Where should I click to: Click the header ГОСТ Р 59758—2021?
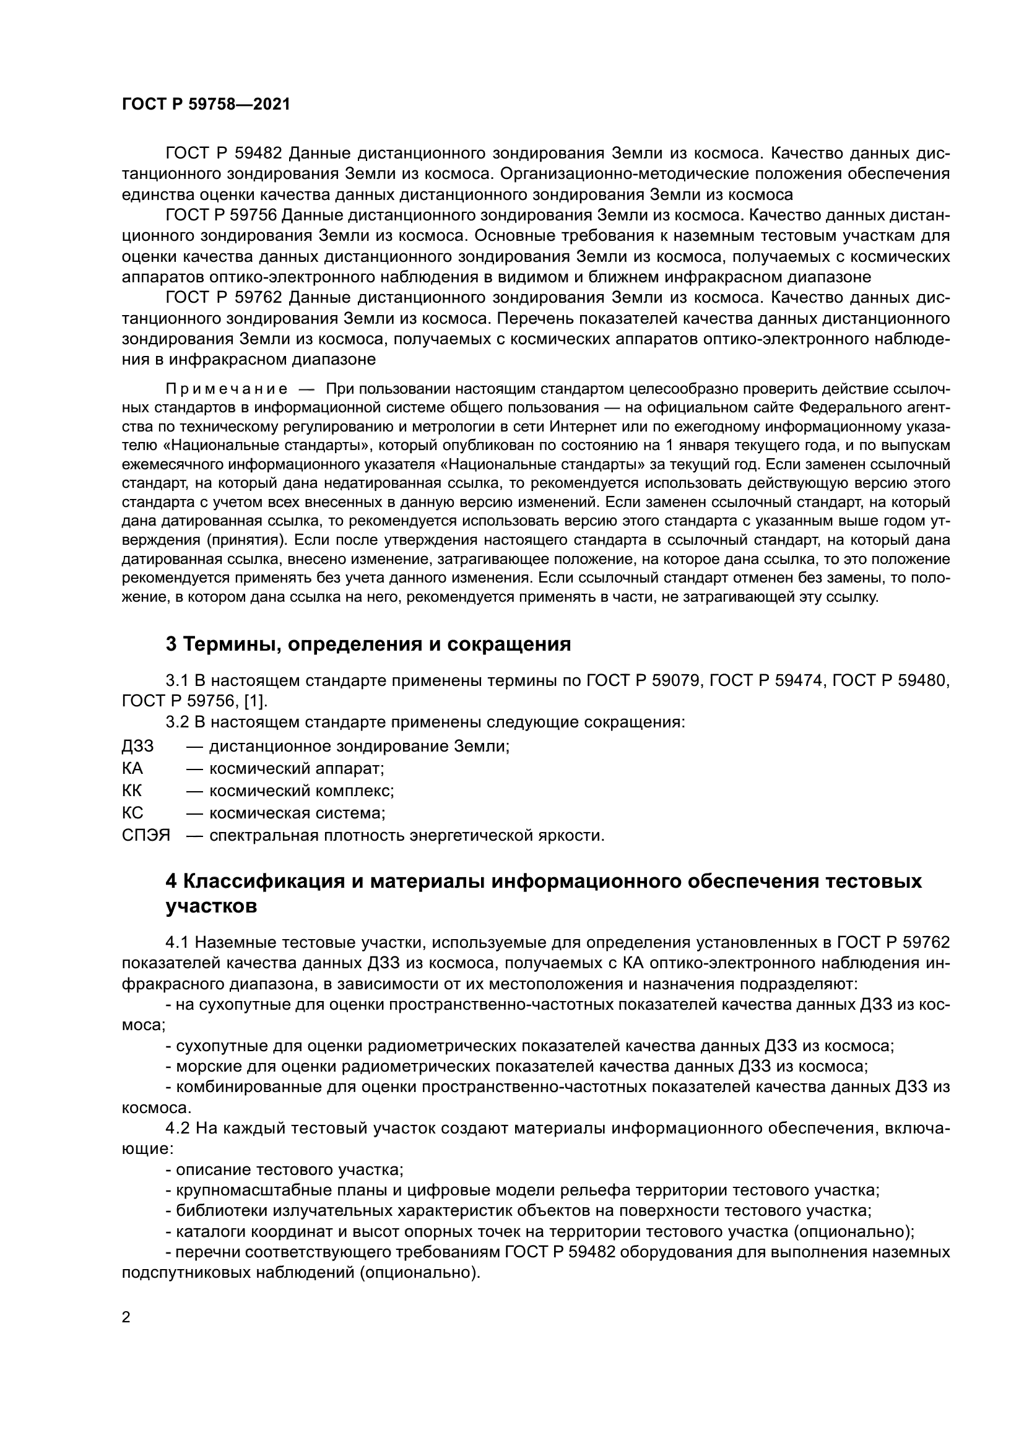tap(206, 105)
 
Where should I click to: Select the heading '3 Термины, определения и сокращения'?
tap(368, 644)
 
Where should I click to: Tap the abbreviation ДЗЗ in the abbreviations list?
tap(137, 746)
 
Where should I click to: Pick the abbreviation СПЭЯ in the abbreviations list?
tap(145, 836)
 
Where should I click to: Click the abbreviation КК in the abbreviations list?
tap(132, 791)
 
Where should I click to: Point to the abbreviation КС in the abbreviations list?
tap(132, 813)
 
